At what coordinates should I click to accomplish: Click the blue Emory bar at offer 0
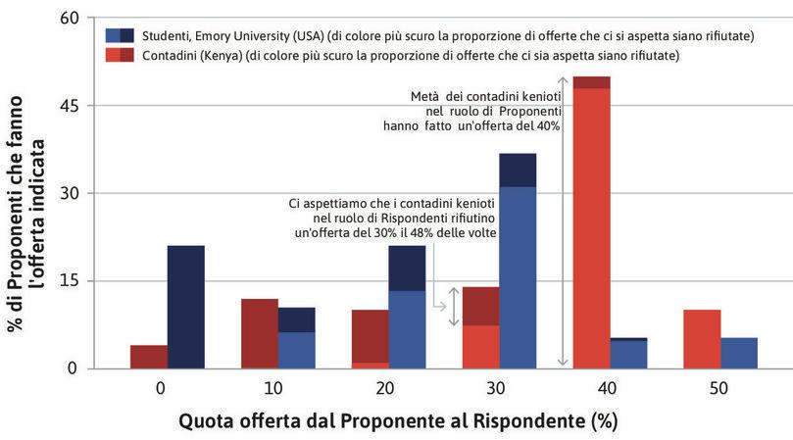tap(185, 307)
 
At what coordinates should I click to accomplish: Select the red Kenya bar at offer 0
tap(149, 357)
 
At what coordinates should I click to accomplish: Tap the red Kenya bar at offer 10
tap(260, 333)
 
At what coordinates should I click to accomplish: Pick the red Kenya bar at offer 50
tap(701, 339)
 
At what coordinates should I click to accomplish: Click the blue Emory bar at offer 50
tap(738, 353)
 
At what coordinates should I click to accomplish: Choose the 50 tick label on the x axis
tap(719, 388)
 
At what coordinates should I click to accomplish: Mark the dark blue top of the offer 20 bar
tap(407, 269)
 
